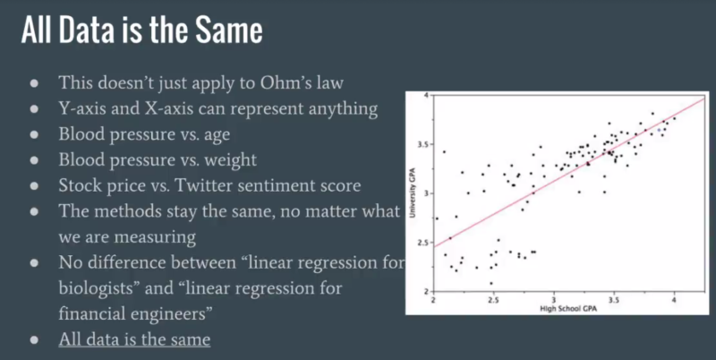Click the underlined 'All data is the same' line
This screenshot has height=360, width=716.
coord(135,340)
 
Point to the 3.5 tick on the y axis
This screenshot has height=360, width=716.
coord(422,144)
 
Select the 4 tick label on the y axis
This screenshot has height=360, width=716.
coord(427,95)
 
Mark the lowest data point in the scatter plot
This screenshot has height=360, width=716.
coord(490,283)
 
